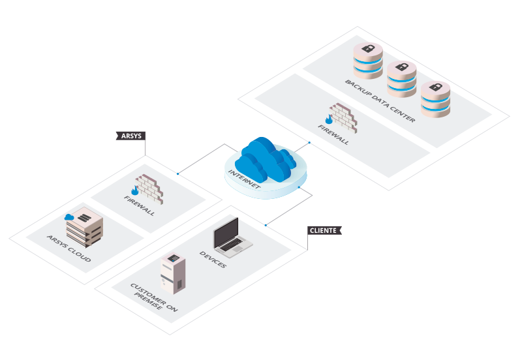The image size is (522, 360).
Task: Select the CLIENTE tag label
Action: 324,230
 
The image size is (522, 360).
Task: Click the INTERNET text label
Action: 245,179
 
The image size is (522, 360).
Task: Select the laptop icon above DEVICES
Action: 231,235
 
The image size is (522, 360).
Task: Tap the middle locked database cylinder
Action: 401,78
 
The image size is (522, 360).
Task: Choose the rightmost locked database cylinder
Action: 435,99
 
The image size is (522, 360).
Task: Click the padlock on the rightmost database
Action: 435,87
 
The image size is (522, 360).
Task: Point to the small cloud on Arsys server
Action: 69,217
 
